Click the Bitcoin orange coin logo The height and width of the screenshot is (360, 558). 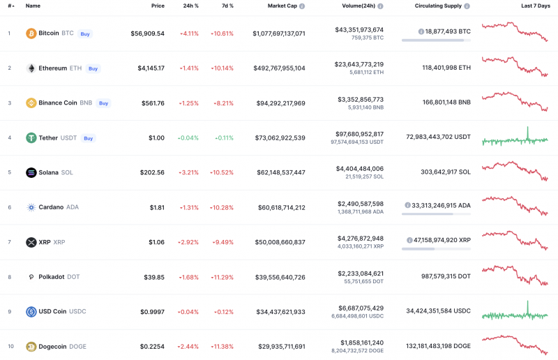coord(31,33)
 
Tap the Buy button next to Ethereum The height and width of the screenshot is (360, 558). coord(93,68)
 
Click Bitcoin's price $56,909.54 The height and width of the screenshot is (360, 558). coord(147,33)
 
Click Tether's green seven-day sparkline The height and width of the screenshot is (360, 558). coord(515,139)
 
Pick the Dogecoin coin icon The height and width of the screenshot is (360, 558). coord(31,347)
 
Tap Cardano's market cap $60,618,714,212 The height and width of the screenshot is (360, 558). coord(276,207)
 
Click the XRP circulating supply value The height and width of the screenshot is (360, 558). coord(442,239)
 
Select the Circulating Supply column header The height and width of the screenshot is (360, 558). coord(438,6)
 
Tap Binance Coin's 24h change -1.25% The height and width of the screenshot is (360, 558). coord(189,103)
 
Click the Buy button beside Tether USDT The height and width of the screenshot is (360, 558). coord(89,138)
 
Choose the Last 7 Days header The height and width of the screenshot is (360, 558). coord(535,6)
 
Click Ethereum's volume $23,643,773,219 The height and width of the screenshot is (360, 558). coord(359,64)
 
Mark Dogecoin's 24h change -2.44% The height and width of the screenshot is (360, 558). coord(189,347)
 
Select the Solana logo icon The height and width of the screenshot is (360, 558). coord(31,172)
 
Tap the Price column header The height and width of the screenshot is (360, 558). coord(158,6)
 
